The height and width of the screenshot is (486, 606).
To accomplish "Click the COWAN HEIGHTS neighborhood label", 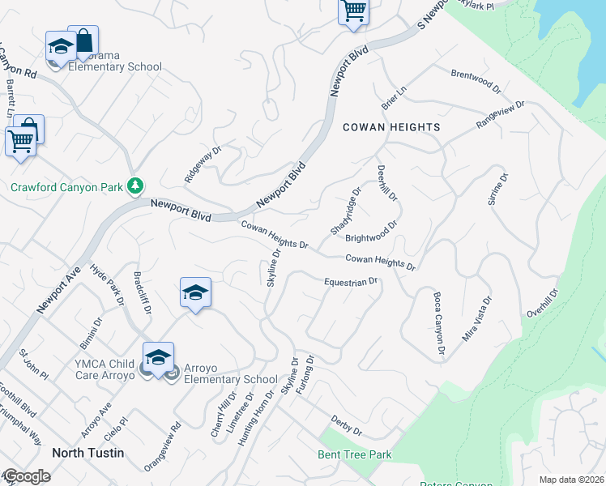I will [x=391, y=127].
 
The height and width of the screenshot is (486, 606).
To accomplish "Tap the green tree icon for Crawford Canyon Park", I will [x=136, y=187].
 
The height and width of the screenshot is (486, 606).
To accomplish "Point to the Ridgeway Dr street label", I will [x=203, y=164].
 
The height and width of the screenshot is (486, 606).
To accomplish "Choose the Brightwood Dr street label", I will [x=371, y=232].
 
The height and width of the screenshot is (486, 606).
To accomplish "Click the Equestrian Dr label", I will [x=352, y=281].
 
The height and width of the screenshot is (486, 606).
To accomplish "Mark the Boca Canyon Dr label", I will [x=439, y=324].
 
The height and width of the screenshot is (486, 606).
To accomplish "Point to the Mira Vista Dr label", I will [x=476, y=318].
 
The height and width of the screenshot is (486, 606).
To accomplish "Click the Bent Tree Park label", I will [x=356, y=454].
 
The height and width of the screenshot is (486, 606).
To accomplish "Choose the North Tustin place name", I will [x=88, y=453].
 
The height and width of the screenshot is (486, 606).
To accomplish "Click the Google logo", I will [x=27, y=476].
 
